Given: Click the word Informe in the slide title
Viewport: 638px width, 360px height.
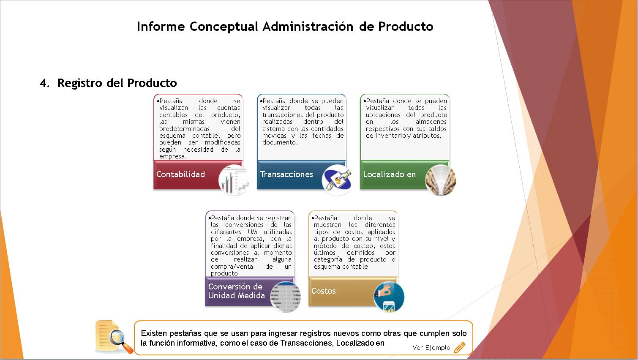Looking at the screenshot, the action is (161, 27).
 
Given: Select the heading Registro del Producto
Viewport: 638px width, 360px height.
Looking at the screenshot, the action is (117, 83).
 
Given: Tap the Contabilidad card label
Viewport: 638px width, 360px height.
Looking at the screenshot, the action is (180, 175).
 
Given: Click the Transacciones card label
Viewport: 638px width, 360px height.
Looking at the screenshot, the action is (286, 175).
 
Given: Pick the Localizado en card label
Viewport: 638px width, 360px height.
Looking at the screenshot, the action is (390, 175).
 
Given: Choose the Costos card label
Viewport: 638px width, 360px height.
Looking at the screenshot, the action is (323, 291).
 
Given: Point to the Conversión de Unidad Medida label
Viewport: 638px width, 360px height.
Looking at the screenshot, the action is (237, 291).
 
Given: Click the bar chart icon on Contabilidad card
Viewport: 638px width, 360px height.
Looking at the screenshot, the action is (234, 180).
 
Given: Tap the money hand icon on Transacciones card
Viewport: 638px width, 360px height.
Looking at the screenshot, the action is (337, 180).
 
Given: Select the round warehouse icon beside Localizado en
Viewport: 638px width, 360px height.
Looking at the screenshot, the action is (441, 180).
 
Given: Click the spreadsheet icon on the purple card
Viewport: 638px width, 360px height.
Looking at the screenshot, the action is (286, 297).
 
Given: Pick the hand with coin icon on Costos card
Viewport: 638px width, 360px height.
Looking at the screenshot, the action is (389, 297).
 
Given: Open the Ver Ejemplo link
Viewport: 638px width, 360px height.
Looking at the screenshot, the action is (431, 348).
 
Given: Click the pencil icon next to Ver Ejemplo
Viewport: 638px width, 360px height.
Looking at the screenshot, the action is (459, 347).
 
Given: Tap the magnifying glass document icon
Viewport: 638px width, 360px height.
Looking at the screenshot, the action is (114, 337).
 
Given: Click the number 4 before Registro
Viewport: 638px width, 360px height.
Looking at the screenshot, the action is (44, 83).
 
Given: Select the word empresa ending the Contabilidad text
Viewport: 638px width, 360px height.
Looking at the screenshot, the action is (173, 156).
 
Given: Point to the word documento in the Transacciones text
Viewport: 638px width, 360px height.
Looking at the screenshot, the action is (280, 142).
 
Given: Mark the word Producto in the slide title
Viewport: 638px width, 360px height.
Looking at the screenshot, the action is (406, 27).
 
